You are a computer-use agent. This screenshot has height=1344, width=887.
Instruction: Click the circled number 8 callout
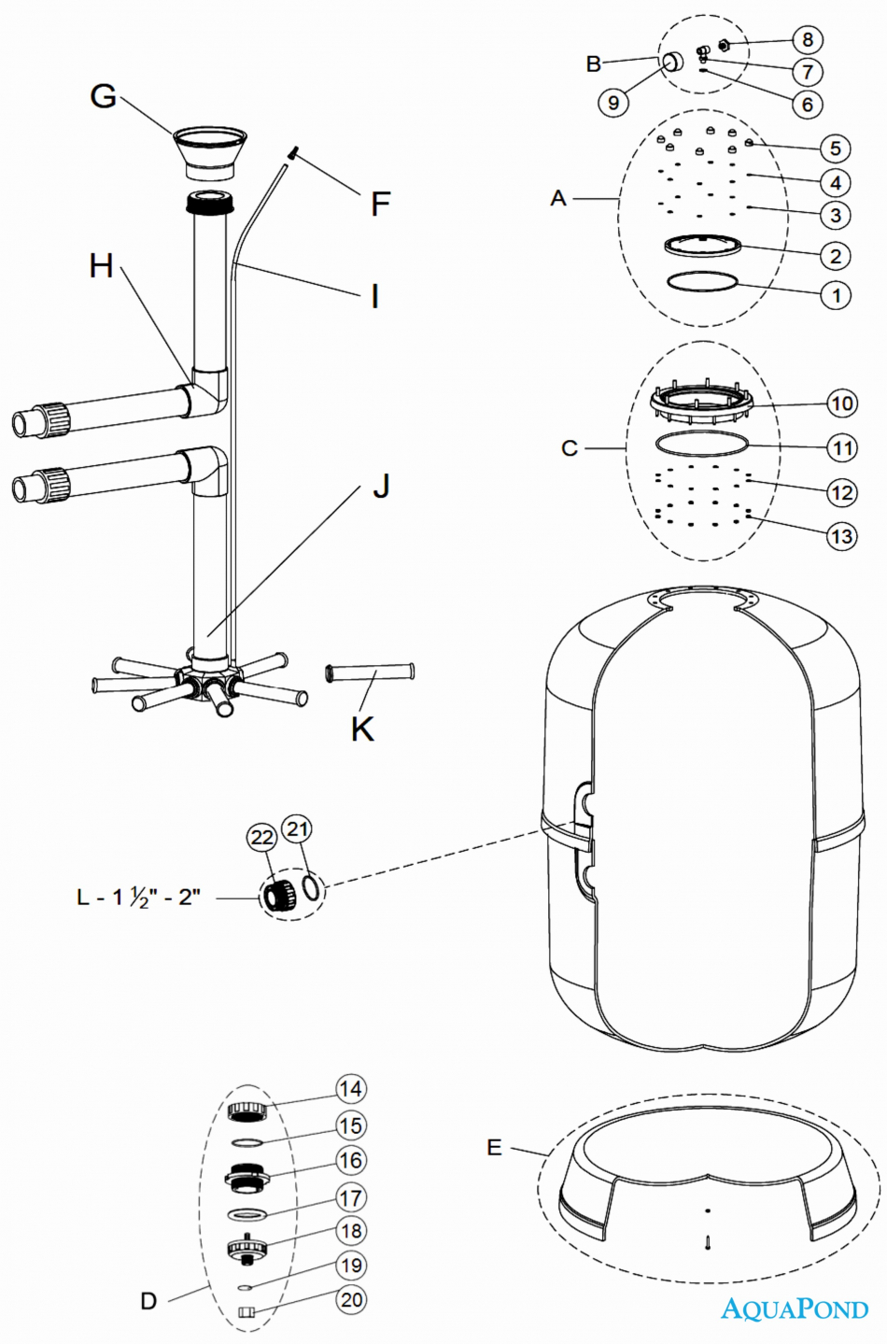click(x=808, y=39)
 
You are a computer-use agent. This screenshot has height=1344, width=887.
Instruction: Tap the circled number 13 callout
click(x=841, y=536)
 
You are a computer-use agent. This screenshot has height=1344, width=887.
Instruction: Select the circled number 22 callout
click(x=262, y=838)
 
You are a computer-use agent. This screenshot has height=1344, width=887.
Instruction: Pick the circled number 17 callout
click(x=350, y=1199)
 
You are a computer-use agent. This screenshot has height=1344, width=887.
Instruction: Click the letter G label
click(x=103, y=96)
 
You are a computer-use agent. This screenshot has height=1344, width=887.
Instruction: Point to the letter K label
click(x=363, y=729)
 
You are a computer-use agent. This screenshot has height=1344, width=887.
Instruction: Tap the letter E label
click(x=494, y=1148)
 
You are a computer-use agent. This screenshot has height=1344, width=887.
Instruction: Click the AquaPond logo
click(x=795, y=1309)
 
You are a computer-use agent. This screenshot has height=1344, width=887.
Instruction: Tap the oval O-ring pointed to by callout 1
click(x=702, y=281)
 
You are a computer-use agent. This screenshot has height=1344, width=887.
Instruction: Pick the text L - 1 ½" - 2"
click(x=138, y=898)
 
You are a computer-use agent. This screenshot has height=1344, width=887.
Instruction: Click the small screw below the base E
click(x=709, y=1242)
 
